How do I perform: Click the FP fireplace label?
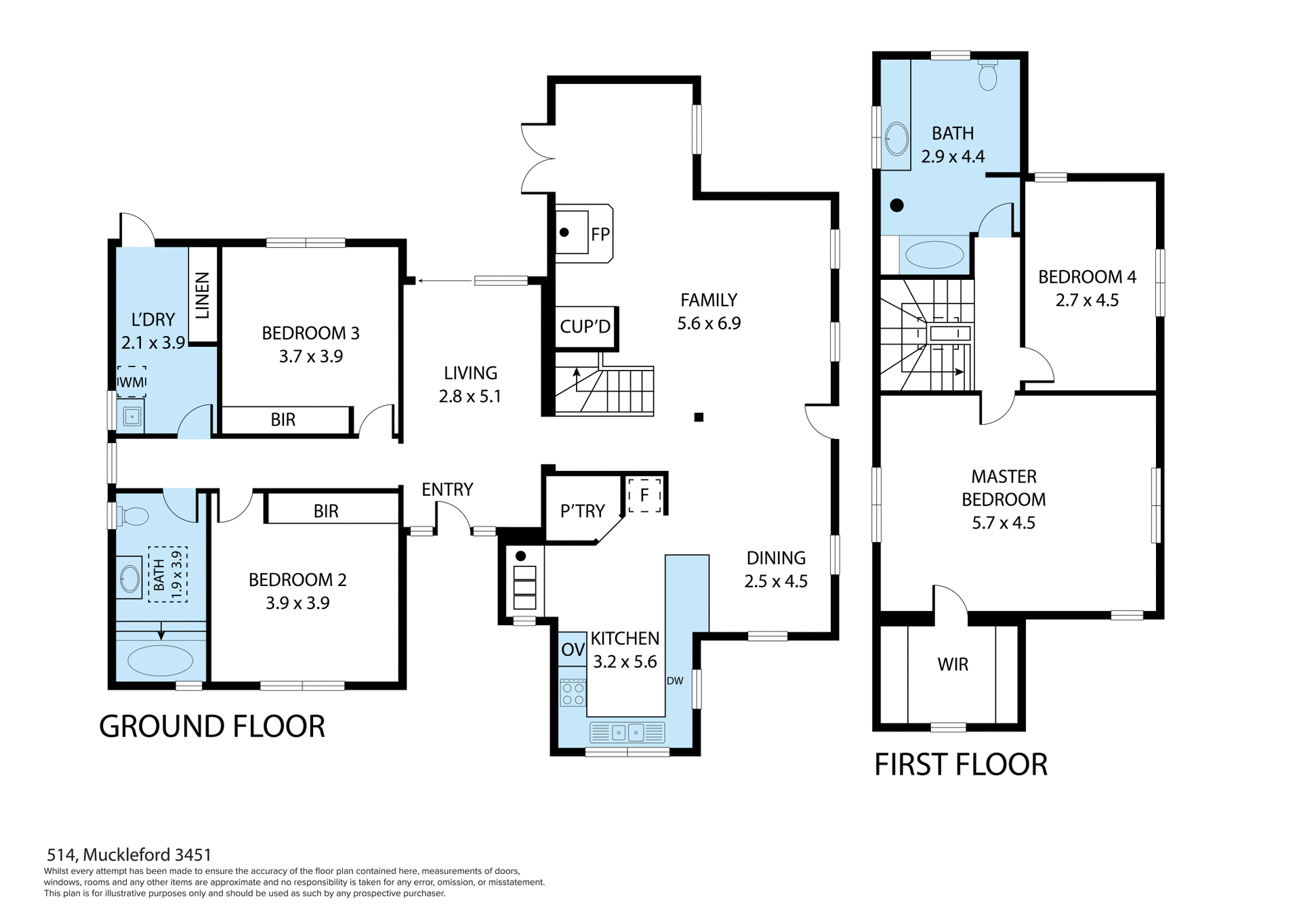pos(600,234)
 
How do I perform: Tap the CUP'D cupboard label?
pos(585,327)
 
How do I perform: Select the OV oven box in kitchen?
pos(573,650)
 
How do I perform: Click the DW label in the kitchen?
pos(675,681)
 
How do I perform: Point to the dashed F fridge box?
pos(644,495)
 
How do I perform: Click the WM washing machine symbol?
pos(131,382)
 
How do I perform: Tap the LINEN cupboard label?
pos(203,295)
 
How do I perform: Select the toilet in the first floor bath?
pos(988,76)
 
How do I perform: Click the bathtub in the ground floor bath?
pos(161,660)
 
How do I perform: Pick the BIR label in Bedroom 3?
pos(283,420)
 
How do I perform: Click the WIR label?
pos(953,665)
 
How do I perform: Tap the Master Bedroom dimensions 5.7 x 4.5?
pos(1004,523)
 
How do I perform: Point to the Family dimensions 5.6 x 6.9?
pos(709,323)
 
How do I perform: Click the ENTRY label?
pos(447,490)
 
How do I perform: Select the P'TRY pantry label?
pos(583,511)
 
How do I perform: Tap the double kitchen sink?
pos(627,732)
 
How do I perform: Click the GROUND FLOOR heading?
pos(212,727)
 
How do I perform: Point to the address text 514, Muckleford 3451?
pos(129,855)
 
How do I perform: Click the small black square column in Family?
pos(699,417)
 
